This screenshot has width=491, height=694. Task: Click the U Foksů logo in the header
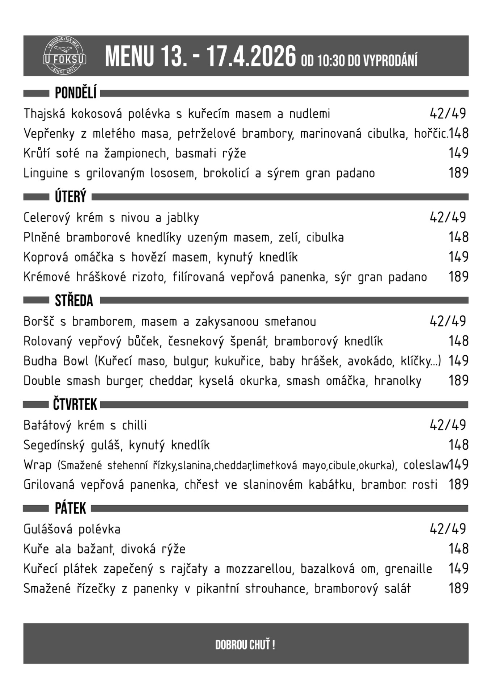(65, 56)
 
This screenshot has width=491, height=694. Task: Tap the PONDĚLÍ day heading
(76, 93)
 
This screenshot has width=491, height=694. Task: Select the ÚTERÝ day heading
(71, 197)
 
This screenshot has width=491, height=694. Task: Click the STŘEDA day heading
(74, 300)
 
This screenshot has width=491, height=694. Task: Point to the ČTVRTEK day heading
(75, 404)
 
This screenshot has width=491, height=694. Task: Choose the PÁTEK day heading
(70, 509)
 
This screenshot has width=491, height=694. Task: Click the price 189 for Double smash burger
(458, 381)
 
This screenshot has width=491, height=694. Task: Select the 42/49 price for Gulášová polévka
(448, 529)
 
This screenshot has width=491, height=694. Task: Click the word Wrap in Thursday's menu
(37, 465)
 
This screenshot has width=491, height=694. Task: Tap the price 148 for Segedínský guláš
(458, 445)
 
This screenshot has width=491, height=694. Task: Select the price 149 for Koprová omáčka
(458, 257)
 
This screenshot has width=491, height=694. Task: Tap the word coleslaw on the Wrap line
(426, 465)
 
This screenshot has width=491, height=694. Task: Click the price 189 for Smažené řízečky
(458, 588)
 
